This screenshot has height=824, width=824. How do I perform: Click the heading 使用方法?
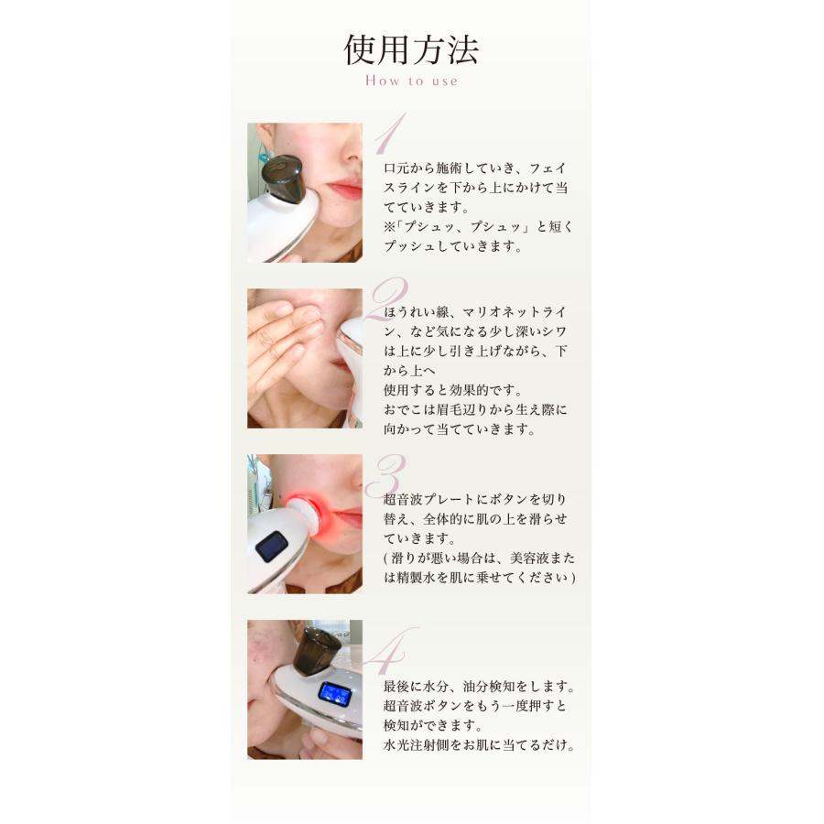point(411,49)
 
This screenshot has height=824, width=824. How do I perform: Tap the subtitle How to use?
point(411,81)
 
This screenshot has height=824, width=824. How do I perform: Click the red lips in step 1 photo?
point(345,190)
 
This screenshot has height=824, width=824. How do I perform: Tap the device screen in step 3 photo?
point(270,548)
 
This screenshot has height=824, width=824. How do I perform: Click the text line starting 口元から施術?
point(476,168)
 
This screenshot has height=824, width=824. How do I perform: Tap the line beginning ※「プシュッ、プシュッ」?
point(478,226)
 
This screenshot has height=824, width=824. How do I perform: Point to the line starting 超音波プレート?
point(476,499)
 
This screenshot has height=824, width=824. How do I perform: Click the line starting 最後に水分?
point(479,686)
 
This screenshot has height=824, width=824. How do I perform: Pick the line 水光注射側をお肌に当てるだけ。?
point(479,744)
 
